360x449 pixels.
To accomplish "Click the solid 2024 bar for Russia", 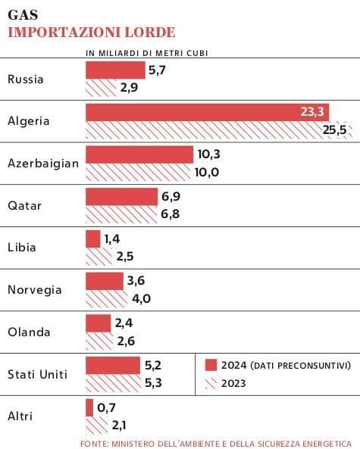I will (x=114, y=70).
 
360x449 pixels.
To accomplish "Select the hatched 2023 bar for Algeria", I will (x=219, y=130).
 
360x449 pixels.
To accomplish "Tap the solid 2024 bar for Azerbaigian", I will (x=139, y=154).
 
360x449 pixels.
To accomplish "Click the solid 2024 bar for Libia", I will (x=92, y=239).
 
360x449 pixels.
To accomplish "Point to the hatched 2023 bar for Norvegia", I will (x=107, y=298).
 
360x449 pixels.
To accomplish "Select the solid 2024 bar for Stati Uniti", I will (x=113, y=365).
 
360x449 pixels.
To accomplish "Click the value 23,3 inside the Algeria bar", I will (x=312, y=112).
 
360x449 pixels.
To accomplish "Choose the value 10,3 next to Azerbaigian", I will (x=208, y=154).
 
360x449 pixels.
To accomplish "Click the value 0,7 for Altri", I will (x=108, y=407).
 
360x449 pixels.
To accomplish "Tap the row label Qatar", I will (x=23, y=205).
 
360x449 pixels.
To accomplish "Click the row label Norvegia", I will (x=34, y=290).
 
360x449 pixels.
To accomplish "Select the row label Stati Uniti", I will (x=38, y=374).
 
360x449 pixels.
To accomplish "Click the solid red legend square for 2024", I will (x=211, y=365).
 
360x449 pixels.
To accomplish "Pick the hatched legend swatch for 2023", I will (x=211, y=383).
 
